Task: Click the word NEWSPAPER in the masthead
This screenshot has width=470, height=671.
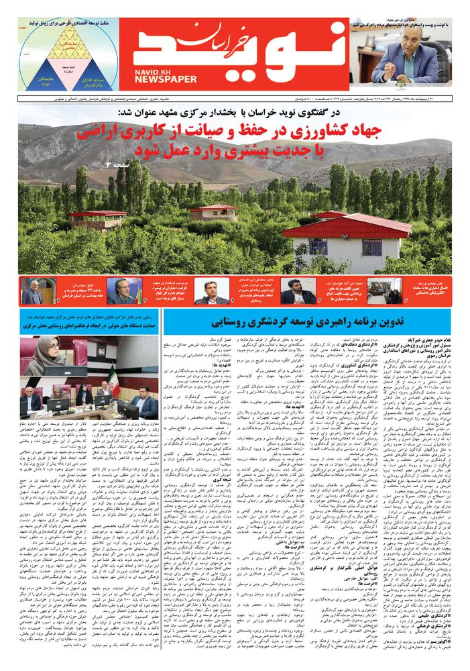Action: pyautogui.click(x=166, y=79)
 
